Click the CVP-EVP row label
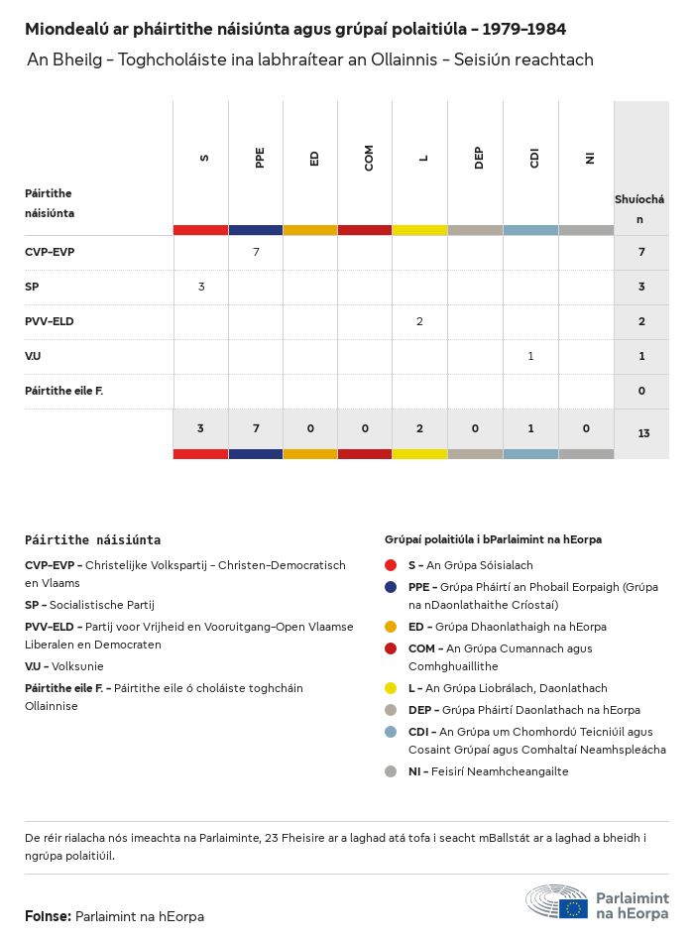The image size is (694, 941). pos(50,252)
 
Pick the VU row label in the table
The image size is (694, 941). pos(33,356)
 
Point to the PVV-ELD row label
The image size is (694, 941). pos(50,321)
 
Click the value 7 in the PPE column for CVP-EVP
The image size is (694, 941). pos(256,252)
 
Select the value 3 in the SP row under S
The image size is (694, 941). pos(201,287)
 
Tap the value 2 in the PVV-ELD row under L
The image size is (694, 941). pos(420,321)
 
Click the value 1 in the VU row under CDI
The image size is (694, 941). pos(530,356)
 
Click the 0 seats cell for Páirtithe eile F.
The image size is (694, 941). pos(641,391)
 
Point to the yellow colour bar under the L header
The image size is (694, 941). pos(419,230)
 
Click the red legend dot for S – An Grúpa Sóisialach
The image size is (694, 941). pos(391,565)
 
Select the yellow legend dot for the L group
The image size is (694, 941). pos(391,688)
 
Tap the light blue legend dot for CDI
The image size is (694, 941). pos(391,732)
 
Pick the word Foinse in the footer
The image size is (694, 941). pos(48,916)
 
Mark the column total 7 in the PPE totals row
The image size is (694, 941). pos(256,428)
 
